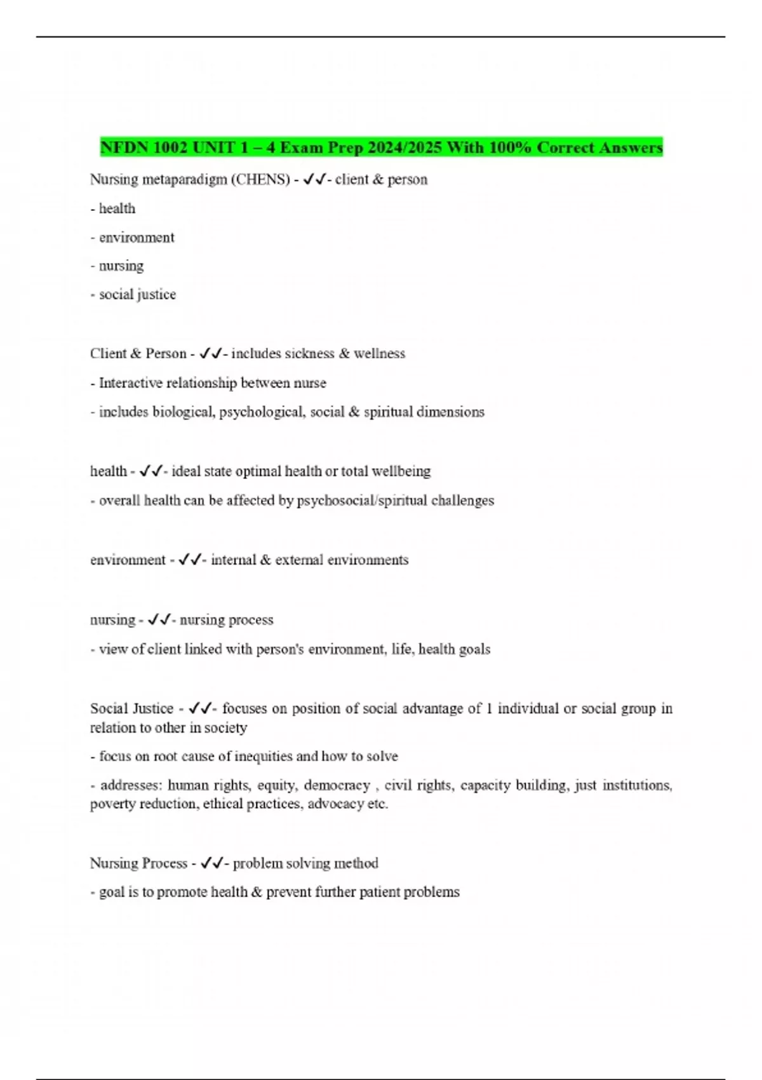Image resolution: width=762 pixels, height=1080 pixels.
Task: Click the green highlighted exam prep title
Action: pyautogui.click(x=381, y=147)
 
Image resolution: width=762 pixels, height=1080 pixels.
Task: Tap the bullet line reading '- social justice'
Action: pyautogui.click(x=133, y=294)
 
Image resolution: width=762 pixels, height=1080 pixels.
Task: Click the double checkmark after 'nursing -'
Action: pyautogui.click(x=159, y=619)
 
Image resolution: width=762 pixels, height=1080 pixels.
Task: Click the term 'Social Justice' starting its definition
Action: pyautogui.click(x=131, y=708)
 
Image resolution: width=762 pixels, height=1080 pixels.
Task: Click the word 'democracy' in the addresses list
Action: pyautogui.click(x=337, y=786)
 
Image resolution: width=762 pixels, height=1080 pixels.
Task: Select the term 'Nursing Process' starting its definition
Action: pyautogui.click(x=138, y=863)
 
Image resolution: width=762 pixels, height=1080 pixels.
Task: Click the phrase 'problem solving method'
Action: pyautogui.click(x=305, y=863)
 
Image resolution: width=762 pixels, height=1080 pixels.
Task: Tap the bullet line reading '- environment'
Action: pyautogui.click(x=132, y=238)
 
